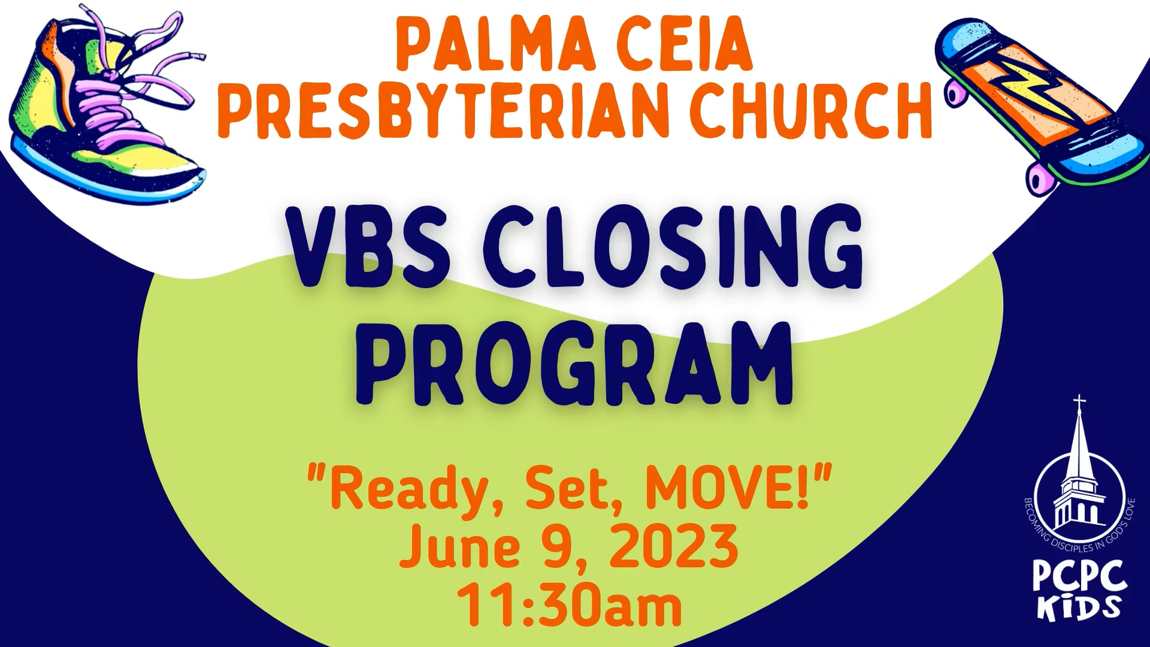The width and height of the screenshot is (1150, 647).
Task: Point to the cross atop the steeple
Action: pos(1078,402)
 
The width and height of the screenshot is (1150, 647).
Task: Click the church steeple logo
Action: pos(1078,479)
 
